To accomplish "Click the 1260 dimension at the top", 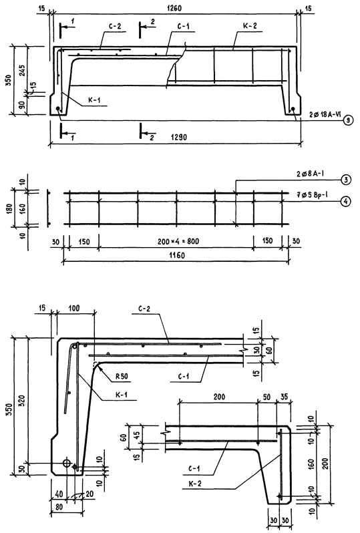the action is click(x=174, y=8).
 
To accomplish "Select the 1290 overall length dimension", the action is click(x=178, y=138).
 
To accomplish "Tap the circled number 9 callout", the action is click(x=349, y=120).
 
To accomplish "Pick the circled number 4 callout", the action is click(x=346, y=202).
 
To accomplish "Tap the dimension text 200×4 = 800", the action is click(x=178, y=242).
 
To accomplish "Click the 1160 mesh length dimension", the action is click(x=176, y=255).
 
